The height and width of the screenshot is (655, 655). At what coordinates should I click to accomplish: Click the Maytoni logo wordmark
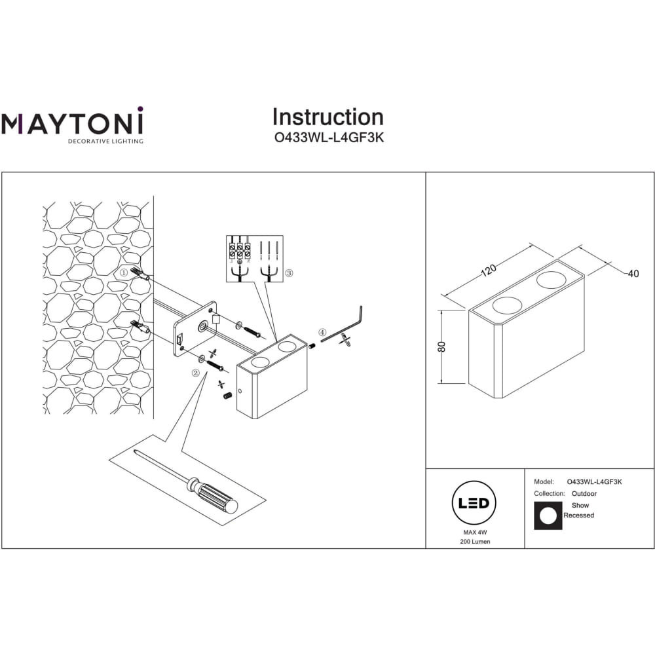tap(72, 121)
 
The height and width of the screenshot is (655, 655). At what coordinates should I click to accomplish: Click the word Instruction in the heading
tap(328, 117)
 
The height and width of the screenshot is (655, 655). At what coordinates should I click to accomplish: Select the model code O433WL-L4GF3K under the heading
tap(329, 138)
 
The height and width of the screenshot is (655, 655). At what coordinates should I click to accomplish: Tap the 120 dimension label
tap(489, 271)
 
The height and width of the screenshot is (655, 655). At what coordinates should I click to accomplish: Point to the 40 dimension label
tap(633, 274)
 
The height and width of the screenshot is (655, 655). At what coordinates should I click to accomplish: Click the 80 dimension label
tap(441, 346)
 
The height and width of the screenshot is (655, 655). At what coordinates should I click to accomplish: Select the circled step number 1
tap(124, 272)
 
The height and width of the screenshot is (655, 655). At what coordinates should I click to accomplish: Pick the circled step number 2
tap(195, 373)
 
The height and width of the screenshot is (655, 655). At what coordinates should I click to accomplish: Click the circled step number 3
tap(289, 273)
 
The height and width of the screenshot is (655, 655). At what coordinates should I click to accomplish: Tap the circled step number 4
tap(322, 333)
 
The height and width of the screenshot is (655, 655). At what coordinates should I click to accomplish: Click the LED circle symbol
tap(474, 502)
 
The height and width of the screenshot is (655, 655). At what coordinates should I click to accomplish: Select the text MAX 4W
tap(475, 533)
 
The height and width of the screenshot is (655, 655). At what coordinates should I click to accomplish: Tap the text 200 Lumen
tap(475, 542)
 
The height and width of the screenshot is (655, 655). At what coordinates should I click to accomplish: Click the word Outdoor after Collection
tap(584, 494)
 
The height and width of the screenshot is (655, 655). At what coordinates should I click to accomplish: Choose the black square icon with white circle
tap(548, 516)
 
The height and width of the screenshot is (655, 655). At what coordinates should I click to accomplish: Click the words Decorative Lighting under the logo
tap(105, 141)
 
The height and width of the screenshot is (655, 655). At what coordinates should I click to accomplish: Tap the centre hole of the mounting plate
tap(204, 326)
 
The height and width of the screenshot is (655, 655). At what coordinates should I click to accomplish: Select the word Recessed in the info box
tap(578, 515)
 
